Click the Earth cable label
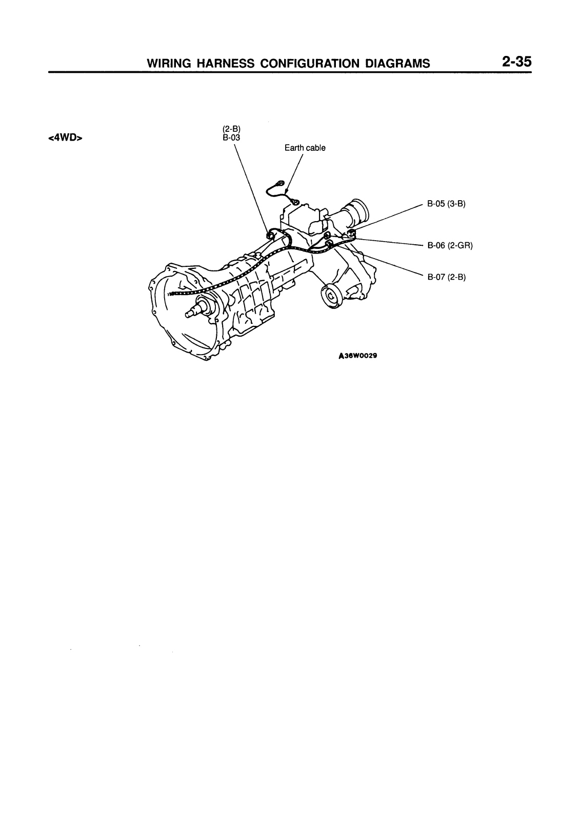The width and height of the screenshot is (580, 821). (305, 148)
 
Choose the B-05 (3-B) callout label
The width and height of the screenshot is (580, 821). (446, 204)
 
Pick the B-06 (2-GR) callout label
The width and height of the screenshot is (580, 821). (449, 245)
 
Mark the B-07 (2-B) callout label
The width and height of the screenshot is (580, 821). (446, 277)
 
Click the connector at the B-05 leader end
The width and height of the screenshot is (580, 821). (352, 233)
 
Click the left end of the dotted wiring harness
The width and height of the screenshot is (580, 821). (170, 294)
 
